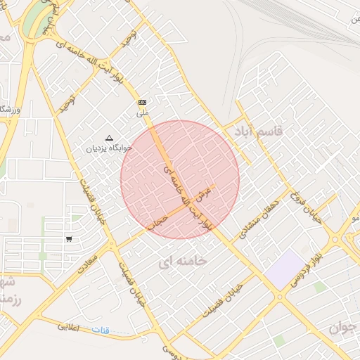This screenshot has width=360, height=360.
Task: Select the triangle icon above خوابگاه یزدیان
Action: point(108,138)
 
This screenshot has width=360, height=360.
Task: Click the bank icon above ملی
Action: point(143,102)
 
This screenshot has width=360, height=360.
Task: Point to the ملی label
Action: point(143,112)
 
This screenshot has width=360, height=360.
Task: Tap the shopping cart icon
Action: point(69,238)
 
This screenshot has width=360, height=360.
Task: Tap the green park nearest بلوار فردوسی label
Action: point(321,287)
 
